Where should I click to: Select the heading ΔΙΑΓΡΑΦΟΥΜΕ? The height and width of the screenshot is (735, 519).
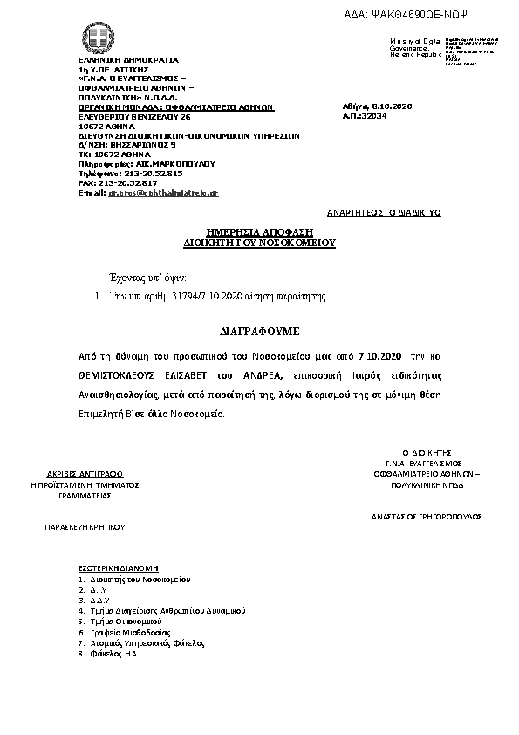(x=259, y=333)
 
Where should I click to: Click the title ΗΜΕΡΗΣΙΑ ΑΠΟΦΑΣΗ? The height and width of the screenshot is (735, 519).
(x=259, y=231)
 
